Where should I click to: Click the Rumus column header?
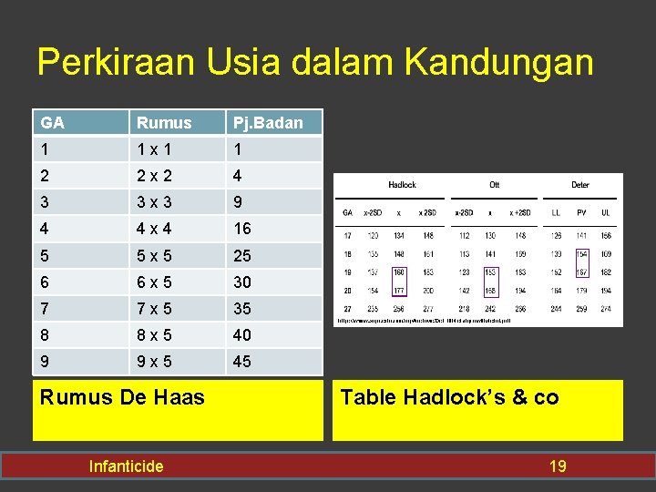coord(163,122)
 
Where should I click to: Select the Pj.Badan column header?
coord(268,122)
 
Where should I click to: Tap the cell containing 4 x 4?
coord(155,229)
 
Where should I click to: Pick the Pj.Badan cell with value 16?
coord(242,229)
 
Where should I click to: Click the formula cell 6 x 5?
coord(155,282)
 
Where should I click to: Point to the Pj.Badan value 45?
coord(242,361)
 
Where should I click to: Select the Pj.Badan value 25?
coord(242,255)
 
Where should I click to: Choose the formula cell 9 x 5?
coord(155,361)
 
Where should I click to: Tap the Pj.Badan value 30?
coord(242,282)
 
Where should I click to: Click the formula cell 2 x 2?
coord(155,175)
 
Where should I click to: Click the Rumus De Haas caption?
coord(123,396)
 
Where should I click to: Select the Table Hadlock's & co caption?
coord(449,396)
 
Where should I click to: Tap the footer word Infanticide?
coord(126,466)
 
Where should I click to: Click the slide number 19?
coord(557,466)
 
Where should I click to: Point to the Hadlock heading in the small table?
coord(402,185)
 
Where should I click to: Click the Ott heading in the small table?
coord(495,185)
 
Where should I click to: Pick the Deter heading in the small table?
coord(580,185)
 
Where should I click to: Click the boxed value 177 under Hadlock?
coord(399,291)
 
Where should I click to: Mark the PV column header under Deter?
coord(582,212)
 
